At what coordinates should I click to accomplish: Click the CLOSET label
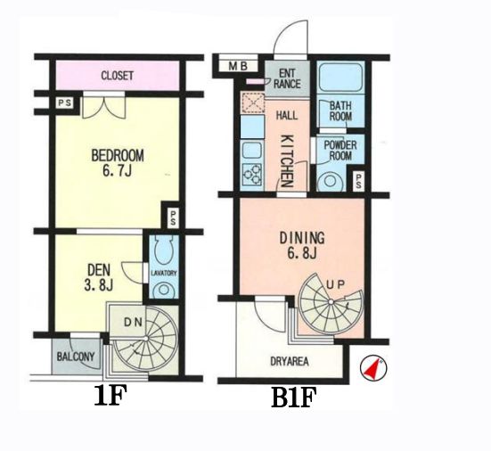click(x=118, y=76)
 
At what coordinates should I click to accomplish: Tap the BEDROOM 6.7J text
click(x=118, y=163)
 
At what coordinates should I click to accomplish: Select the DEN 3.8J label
click(x=99, y=277)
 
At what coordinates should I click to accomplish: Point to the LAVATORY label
click(x=164, y=273)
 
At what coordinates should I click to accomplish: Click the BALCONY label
click(x=76, y=357)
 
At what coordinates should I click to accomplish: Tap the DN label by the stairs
click(x=134, y=322)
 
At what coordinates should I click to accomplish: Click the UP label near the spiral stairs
click(x=336, y=284)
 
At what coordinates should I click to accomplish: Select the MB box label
click(x=238, y=66)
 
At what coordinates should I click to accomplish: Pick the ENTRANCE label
click(x=287, y=78)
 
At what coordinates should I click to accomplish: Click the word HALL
click(x=287, y=116)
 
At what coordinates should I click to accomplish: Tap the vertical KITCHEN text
click(x=287, y=160)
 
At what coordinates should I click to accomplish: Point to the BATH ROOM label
click(x=340, y=111)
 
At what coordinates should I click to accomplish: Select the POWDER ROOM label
click(x=340, y=151)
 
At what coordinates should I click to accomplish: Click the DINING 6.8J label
click(x=302, y=245)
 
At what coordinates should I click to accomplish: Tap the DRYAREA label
click(x=290, y=362)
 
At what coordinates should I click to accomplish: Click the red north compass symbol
click(x=373, y=368)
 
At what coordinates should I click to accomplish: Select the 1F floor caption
click(x=110, y=396)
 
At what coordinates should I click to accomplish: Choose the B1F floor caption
click(x=294, y=398)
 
